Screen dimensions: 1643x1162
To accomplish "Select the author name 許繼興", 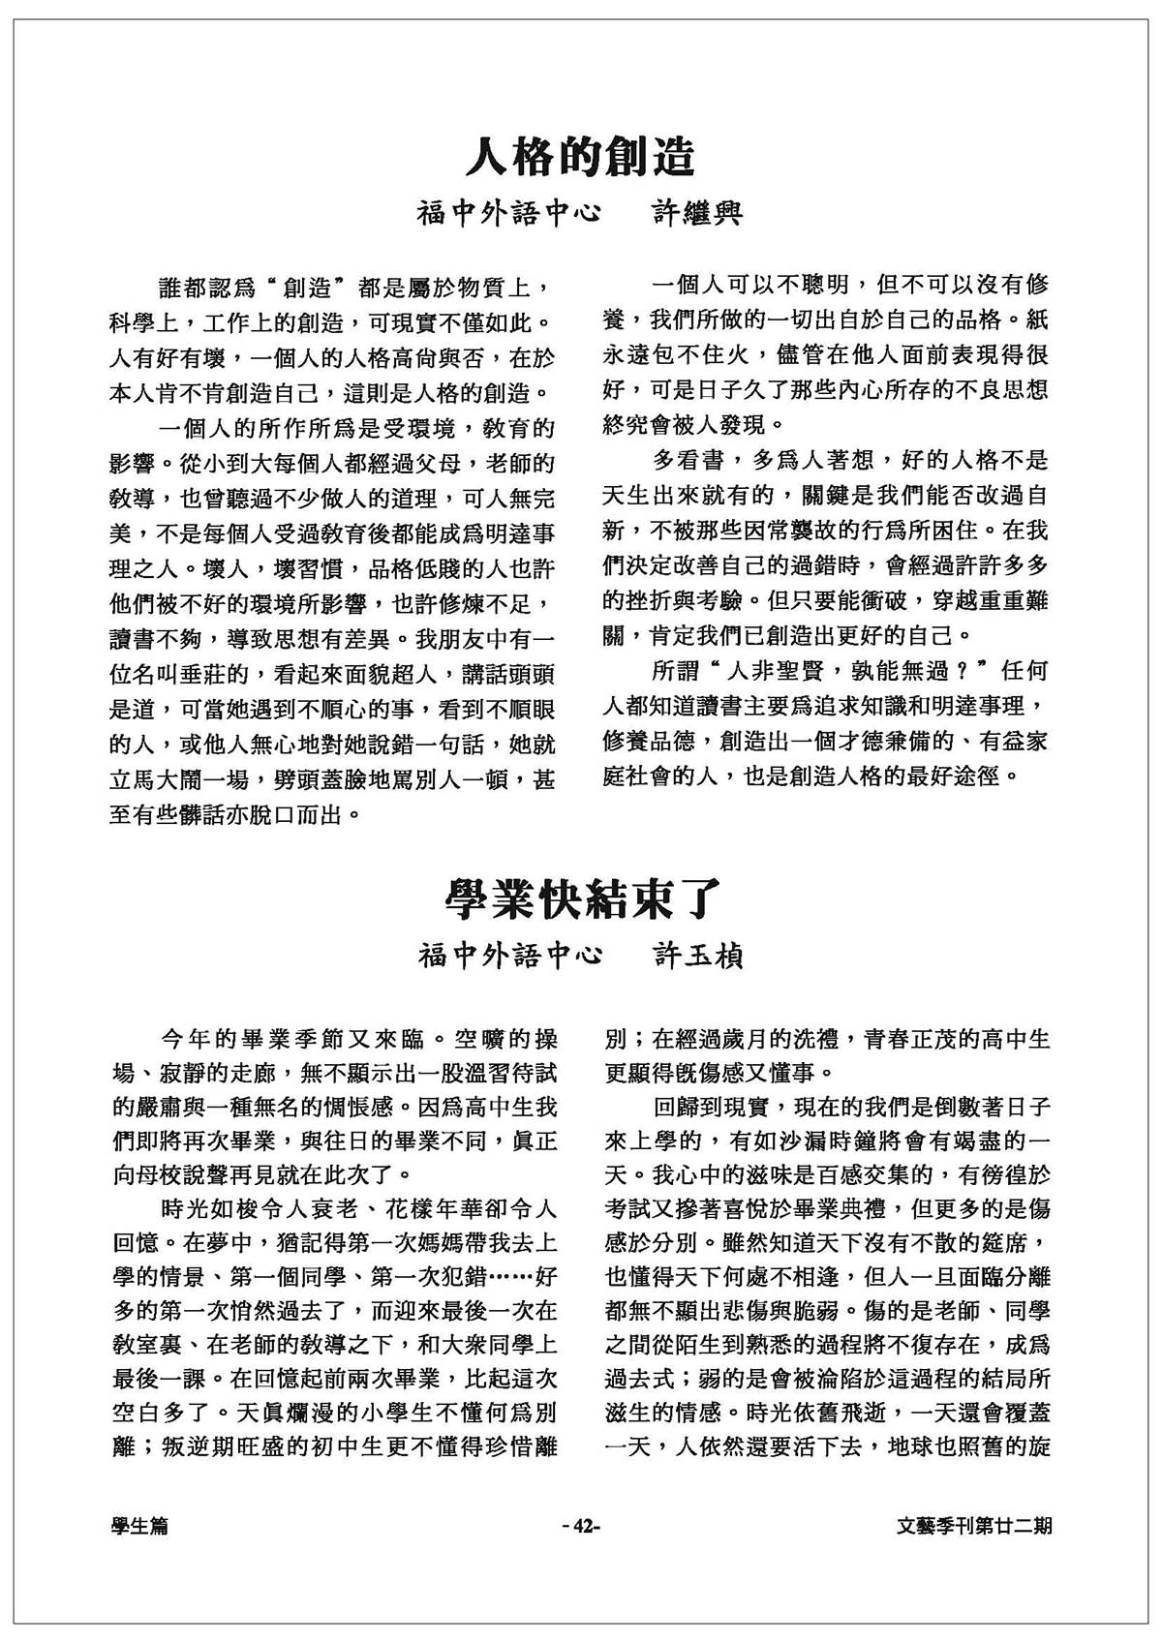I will [x=694, y=213].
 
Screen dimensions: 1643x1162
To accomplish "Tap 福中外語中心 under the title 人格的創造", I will [x=509, y=213].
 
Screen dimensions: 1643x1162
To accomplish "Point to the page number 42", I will [x=582, y=1526].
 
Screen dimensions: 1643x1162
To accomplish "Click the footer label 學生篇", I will [x=139, y=1526].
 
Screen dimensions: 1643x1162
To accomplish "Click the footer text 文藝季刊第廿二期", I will [x=974, y=1526].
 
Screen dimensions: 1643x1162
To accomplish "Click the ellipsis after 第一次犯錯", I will [x=509, y=1277].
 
